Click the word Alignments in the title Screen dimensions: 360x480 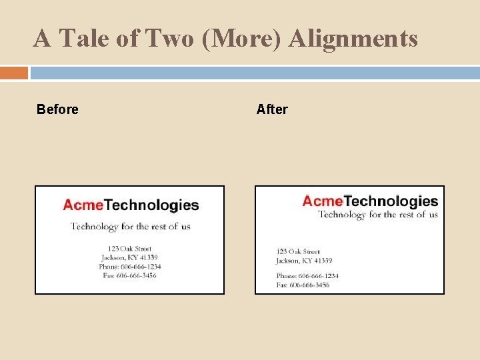353,39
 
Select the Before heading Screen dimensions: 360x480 57,109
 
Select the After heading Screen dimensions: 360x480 272,109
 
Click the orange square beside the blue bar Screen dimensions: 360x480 14,73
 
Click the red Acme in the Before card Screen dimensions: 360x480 83,205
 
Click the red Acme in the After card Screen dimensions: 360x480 323,201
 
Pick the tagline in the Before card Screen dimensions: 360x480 131,226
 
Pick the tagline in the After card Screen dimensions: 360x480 378,214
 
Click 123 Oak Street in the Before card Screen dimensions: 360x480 130,249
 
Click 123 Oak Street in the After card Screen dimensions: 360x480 298,251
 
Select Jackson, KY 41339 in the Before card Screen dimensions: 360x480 130,257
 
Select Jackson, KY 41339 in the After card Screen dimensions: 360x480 304,261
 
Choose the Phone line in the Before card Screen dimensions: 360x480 130,266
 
